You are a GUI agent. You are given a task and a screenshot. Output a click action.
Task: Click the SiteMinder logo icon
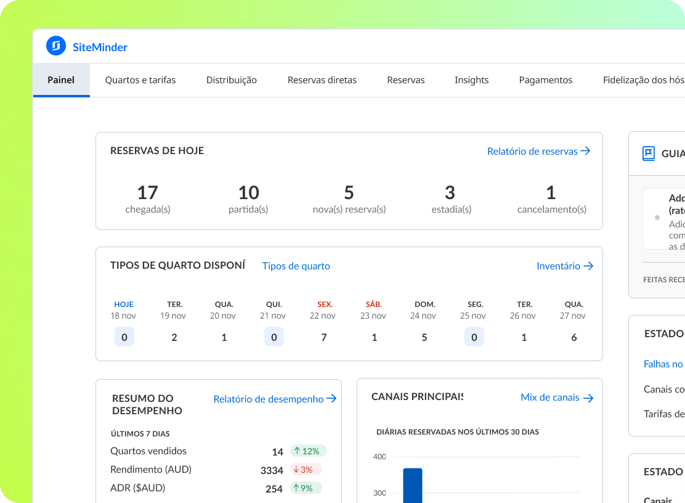pyautogui.click(x=56, y=46)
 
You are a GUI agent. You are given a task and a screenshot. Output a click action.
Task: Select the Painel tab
pyautogui.click(x=61, y=80)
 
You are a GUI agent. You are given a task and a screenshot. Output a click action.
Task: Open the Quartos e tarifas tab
pyautogui.click(x=140, y=80)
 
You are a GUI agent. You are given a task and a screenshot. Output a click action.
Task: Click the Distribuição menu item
pyautogui.click(x=232, y=80)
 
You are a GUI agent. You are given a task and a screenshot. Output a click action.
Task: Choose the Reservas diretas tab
pyautogui.click(x=322, y=80)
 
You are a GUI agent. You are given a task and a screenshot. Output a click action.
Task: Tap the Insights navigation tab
pyautogui.click(x=472, y=80)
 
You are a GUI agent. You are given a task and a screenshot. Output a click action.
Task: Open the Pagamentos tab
pyautogui.click(x=546, y=80)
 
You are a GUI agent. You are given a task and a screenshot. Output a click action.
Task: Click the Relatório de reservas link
pyautogui.click(x=538, y=151)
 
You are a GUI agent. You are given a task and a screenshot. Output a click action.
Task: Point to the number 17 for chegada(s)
pyautogui.click(x=148, y=193)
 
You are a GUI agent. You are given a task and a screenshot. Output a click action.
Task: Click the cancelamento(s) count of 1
pyautogui.click(x=551, y=193)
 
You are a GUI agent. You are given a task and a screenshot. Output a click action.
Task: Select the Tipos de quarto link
pyautogui.click(x=296, y=266)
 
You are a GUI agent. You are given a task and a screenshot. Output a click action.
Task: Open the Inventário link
pyautogui.click(x=565, y=266)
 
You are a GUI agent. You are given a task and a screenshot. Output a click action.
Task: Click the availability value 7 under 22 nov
pyautogui.click(x=324, y=337)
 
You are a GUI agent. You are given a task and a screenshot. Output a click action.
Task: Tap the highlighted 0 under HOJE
pyautogui.click(x=124, y=337)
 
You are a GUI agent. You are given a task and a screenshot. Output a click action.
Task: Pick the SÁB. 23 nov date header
pyautogui.click(x=374, y=310)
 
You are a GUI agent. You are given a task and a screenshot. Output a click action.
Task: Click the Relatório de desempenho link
pyautogui.click(x=275, y=399)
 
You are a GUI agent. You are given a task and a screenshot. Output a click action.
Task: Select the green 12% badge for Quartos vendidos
pyautogui.click(x=310, y=451)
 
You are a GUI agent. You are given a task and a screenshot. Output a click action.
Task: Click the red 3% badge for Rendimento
pyautogui.click(x=306, y=470)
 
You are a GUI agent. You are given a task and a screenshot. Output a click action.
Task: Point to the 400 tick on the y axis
pyautogui.click(x=379, y=457)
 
